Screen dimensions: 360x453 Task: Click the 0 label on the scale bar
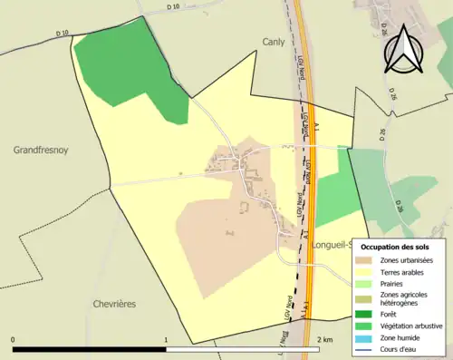pos(14,340)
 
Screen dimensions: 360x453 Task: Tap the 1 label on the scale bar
pos(166,340)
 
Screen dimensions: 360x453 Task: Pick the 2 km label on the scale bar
pos(325,340)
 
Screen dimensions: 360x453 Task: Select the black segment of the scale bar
pos(89,349)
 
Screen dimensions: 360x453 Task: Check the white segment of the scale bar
pos(242,349)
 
